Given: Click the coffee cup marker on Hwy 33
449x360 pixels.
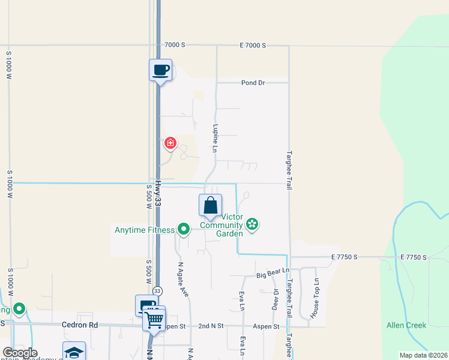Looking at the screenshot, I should (x=160, y=70).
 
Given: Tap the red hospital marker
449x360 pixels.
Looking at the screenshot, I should (x=170, y=143).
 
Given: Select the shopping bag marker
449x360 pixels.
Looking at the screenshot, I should (x=210, y=205).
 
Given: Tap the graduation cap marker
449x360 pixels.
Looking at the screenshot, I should (x=74, y=352).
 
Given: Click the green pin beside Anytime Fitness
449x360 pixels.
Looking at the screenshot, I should (x=184, y=229).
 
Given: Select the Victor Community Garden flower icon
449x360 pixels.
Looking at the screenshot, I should (x=252, y=224).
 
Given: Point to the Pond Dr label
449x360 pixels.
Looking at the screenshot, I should (x=253, y=83).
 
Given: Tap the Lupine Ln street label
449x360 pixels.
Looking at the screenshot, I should (x=214, y=138).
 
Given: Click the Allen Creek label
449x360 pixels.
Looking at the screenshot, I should (x=406, y=325).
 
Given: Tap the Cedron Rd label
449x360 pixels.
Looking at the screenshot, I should (x=79, y=325).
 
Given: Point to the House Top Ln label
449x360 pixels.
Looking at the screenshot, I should (x=316, y=298).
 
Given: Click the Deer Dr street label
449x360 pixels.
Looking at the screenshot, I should (x=276, y=299).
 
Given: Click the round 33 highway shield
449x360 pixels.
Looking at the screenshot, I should (x=157, y=290).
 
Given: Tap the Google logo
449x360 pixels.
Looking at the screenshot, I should (x=20, y=353).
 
